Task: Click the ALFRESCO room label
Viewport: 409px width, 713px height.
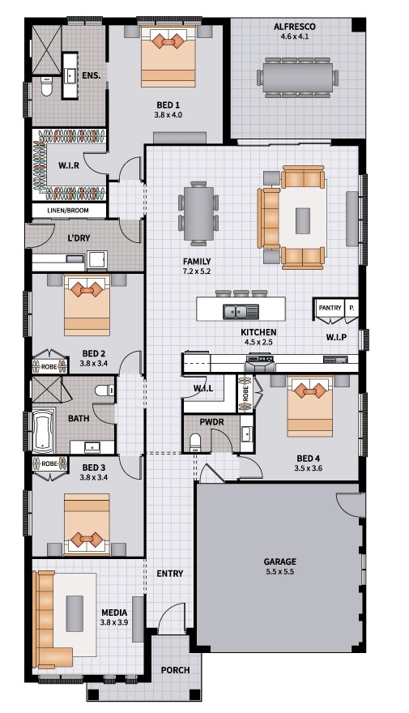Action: coord(295,27)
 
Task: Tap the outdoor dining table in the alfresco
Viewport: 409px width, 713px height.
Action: coord(298,77)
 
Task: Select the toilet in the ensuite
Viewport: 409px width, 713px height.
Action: coord(46,87)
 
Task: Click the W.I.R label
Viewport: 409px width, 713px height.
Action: coord(69,165)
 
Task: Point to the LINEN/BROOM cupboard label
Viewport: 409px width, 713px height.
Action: coord(68,211)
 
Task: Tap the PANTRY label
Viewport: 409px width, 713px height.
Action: coord(330,308)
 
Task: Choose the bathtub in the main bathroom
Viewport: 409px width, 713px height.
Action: coord(44,430)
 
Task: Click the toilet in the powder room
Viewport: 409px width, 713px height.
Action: coord(195,443)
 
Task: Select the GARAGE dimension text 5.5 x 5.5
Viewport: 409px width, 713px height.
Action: coord(280,572)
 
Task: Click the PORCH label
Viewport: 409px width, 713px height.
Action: coord(176,670)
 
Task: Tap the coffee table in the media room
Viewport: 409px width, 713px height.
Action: coord(75,613)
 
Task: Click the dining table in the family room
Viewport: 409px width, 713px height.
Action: coord(198,213)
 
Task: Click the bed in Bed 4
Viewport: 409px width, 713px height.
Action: coord(309,407)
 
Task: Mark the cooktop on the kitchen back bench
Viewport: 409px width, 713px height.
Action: coord(260,360)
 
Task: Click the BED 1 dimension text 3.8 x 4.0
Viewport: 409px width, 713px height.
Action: coord(168,114)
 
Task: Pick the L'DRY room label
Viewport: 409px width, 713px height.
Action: coord(79,238)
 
